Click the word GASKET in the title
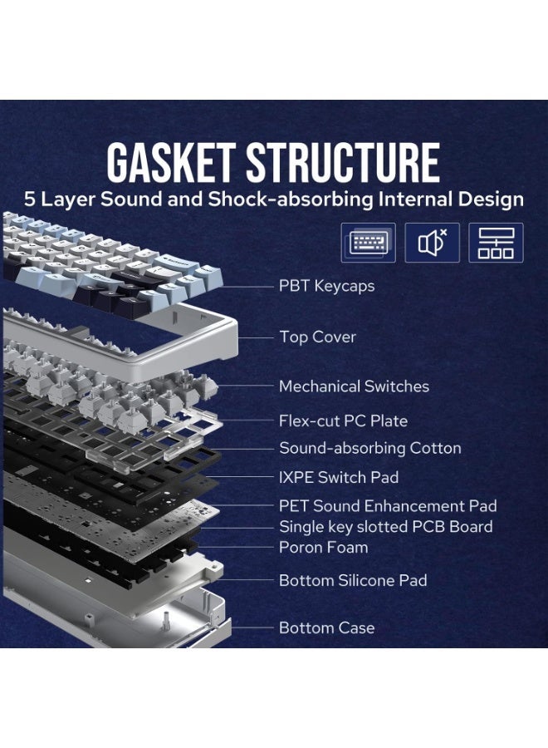(x=170, y=162)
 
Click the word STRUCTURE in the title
(x=343, y=162)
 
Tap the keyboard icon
(x=368, y=243)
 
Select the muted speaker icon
(x=433, y=243)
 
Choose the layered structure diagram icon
(x=496, y=243)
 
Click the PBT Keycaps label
(x=326, y=286)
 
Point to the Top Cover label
(x=317, y=337)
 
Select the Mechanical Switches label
(x=354, y=386)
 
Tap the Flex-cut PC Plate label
(x=343, y=421)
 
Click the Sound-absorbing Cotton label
(x=370, y=448)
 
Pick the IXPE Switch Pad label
(x=339, y=477)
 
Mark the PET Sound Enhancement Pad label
(x=388, y=505)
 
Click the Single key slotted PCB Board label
(x=386, y=527)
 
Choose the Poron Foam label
(x=324, y=547)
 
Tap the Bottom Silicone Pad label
(x=353, y=580)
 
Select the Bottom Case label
(x=327, y=627)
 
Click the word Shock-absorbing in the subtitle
(x=291, y=199)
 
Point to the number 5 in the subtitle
(x=30, y=199)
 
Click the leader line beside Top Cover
(x=256, y=337)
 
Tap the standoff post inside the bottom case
(x=167, y=620)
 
